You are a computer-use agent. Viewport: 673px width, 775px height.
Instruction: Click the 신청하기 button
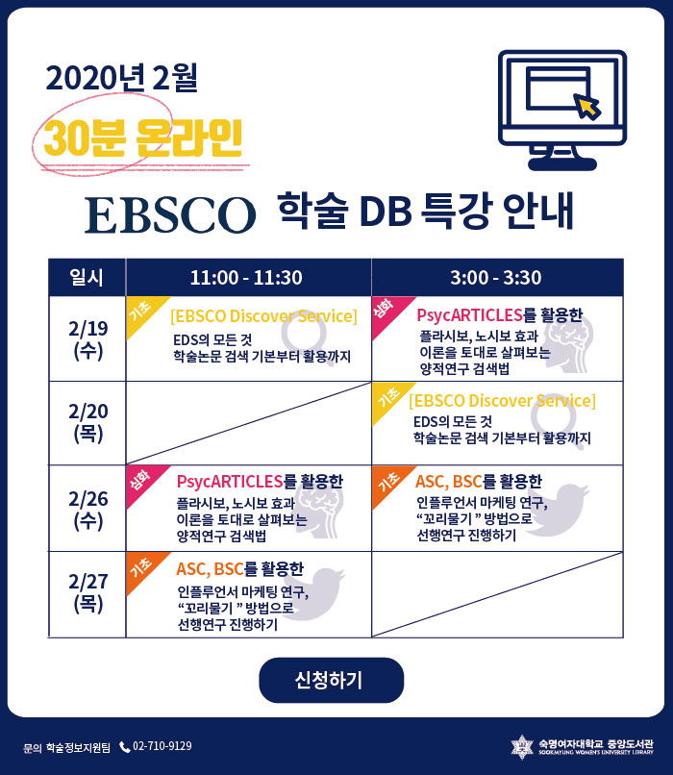coord(331,680)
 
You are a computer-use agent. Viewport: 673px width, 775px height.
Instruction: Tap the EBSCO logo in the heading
coord(170,215)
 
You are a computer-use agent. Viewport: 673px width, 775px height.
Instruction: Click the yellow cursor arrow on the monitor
coord(587,106)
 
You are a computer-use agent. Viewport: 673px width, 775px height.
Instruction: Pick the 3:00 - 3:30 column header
coord(497,277)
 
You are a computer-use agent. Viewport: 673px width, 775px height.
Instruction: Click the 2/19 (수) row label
coord(87,339)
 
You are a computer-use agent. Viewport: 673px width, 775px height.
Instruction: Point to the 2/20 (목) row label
coord(87,422)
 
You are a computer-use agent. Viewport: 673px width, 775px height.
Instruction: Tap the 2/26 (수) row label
coord(87,509)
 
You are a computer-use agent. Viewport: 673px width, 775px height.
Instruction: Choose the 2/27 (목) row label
coord(87,592)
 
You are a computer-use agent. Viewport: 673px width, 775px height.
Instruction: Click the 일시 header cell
coord(87,277)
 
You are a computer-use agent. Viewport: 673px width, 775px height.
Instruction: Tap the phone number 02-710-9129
coord(162,746)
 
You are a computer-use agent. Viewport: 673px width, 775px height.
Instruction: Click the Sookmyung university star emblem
coord(522,746)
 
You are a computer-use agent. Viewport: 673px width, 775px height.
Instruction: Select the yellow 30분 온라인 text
coord(143,137)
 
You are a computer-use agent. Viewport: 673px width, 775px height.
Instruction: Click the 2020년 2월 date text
coord(121,78)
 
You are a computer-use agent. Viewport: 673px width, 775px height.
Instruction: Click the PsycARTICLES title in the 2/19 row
coord(469,314)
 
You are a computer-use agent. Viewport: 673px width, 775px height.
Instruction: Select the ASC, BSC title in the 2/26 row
coord(448,481)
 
